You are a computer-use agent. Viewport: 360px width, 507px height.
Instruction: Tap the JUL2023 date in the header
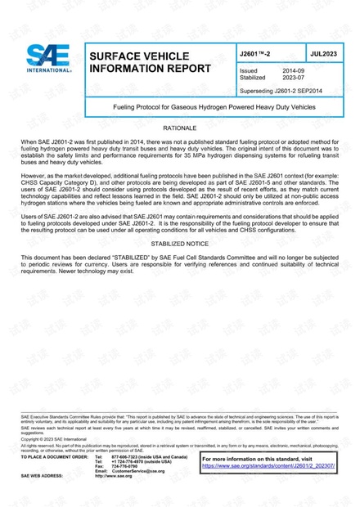tap(323, 52)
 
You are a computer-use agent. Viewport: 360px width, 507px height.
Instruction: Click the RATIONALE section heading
tap(179, 129)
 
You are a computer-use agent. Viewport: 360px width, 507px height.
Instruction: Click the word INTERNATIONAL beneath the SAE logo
tap(48, 71)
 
